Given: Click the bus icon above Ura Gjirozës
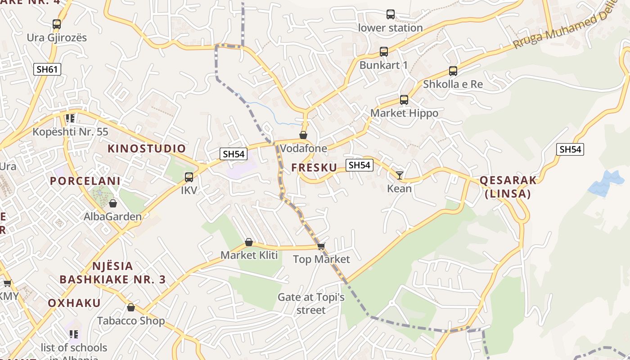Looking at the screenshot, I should coord(56,24).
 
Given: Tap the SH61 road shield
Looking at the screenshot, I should coord(47,69).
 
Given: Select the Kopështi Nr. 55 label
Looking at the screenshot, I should coord(70,132).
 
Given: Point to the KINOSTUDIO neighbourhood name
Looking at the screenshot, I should coord(147,148).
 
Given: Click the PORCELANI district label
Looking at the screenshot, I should coord(85,181).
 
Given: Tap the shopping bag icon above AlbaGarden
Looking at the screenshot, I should coord(113,203).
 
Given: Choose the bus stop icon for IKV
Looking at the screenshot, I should coord(189,177).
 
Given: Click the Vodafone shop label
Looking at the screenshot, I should coord(303,148).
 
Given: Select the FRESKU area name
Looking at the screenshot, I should coord(314,167).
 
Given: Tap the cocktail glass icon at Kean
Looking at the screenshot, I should coord(400,175).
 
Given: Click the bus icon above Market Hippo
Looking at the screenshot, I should coord(404,100).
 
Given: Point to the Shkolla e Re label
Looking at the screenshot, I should coord(453,84).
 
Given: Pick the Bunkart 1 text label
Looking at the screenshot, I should coord(383,65).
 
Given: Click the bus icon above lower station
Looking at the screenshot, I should coord(391,14).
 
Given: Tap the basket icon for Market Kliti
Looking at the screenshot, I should coord(249,243).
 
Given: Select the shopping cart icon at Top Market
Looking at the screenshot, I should coord(321,246).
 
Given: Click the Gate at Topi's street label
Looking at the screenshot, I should coord(311,303).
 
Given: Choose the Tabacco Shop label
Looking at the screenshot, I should coord(131,321).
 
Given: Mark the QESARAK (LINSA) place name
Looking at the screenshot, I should coord(508,187).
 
